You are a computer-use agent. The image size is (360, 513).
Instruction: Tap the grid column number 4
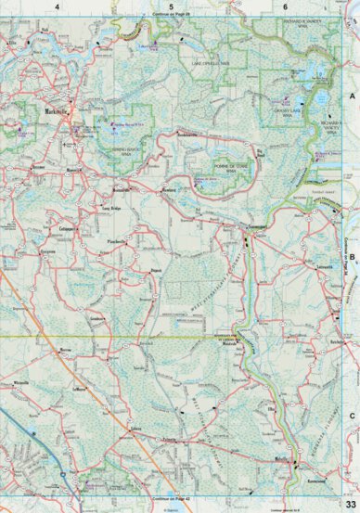57,6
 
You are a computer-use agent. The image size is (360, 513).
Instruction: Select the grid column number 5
172,6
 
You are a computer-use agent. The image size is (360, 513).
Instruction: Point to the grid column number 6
284,6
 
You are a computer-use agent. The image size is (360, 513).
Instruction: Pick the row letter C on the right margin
352,417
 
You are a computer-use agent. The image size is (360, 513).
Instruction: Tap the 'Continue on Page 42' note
172,499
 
